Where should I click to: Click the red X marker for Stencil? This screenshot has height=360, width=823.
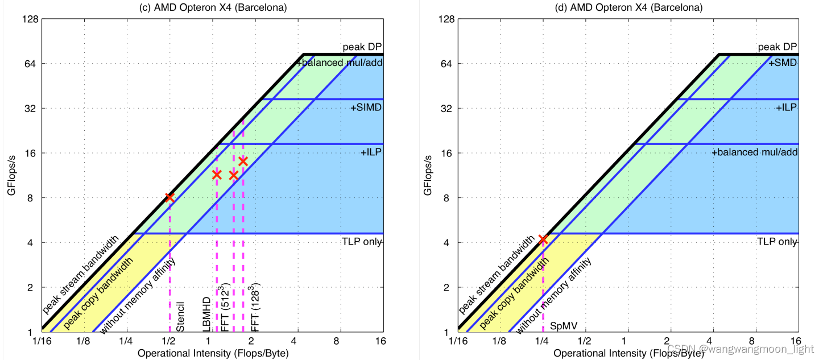click(169, 197)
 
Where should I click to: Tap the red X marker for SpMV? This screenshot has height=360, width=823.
click(543, 239)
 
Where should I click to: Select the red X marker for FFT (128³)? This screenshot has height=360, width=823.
click(243, 161)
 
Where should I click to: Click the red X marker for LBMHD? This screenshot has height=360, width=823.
click(217, 175)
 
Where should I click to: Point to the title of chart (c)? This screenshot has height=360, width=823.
click(212, 8)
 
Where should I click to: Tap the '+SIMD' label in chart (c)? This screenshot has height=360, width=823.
click(366, 107)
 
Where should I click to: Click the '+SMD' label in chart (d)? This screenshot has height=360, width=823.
click(783, 63)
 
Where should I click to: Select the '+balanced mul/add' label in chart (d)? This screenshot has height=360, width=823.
click(755, 152)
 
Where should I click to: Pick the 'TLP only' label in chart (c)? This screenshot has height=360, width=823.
click(362, 242)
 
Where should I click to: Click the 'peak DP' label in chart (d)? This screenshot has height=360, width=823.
click(777, 47)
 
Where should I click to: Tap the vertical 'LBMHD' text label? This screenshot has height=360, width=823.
click(207, 315)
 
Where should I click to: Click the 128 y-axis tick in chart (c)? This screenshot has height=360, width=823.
click(29, 19)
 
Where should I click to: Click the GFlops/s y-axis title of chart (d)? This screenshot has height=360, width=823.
click(428, 175)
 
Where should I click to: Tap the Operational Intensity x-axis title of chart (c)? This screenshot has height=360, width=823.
click(213, 353)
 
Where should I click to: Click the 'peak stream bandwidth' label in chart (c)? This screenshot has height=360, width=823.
click(80, 274)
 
